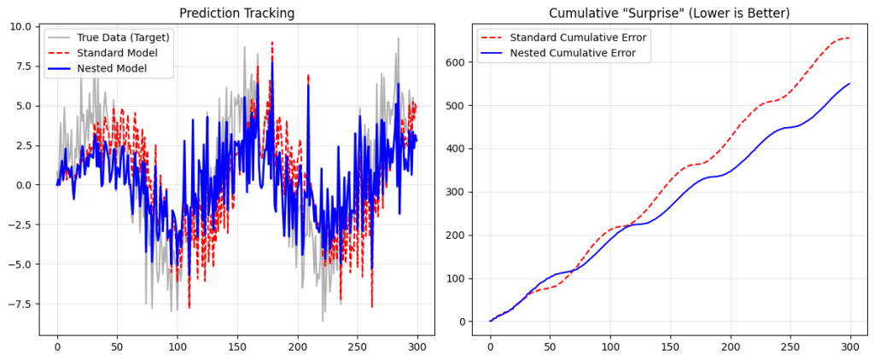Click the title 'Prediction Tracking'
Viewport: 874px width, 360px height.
coord(236,14)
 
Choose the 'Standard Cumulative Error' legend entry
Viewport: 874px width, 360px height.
coord(578,37)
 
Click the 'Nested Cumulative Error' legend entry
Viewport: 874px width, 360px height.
coord(573,53)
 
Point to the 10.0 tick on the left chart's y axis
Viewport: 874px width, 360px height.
coord(20,26)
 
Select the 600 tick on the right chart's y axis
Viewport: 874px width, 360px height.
coord(454,62)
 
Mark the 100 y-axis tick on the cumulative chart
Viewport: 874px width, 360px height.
coord(454,278)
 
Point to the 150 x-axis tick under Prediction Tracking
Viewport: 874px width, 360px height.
coord(238,348)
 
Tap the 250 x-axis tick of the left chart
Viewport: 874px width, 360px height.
coord(358,348)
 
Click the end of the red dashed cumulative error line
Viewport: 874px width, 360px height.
coord(849,38)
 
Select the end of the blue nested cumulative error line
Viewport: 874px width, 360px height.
coord(850,84)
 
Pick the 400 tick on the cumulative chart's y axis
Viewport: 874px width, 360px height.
coord(454,148)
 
